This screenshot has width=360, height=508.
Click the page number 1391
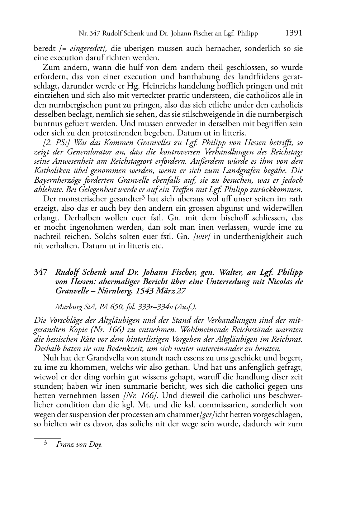tap(293, 33)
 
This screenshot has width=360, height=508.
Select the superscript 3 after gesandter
tap(142, 197)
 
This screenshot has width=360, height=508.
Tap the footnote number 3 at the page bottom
tap(46, 443)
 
